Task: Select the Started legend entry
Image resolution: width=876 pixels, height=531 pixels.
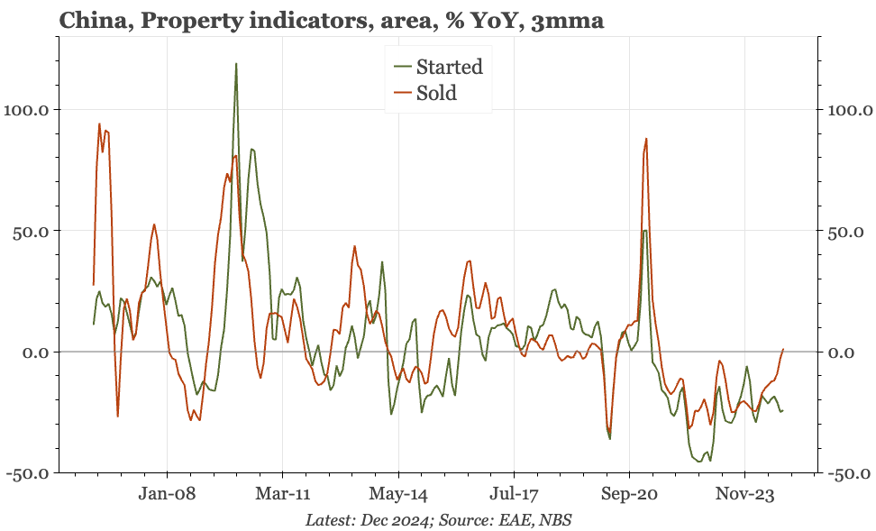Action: pos(448,67)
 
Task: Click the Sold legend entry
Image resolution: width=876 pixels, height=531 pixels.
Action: pos(435,93)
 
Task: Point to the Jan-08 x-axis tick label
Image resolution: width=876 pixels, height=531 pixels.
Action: pos(167,495)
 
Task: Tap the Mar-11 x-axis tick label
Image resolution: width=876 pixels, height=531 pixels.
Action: pos(282,495)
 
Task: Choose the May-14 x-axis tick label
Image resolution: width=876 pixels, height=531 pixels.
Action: pos(397,495)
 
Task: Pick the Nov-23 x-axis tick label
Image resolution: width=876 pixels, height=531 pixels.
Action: pos(744,495)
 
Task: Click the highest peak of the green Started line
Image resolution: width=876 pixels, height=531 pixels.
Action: pos(236,64)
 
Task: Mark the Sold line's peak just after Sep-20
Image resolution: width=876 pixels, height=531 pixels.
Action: pos(646,139)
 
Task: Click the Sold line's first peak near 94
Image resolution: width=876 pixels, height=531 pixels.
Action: pos(99,124)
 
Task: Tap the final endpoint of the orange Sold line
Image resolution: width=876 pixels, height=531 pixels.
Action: pos(783,349)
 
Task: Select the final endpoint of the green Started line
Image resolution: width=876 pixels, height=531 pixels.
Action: pos(783,411)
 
